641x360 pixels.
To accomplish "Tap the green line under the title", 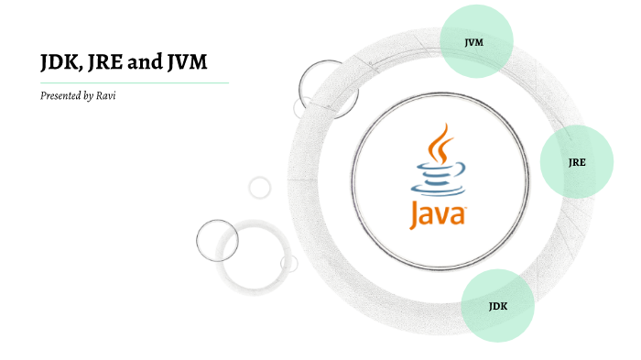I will (x=133, y=82).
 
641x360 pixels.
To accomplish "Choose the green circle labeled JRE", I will (x=577, y=162).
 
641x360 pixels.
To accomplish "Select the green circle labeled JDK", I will (x=497, y=305).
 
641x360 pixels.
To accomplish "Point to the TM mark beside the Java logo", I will (x=467, y=210).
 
